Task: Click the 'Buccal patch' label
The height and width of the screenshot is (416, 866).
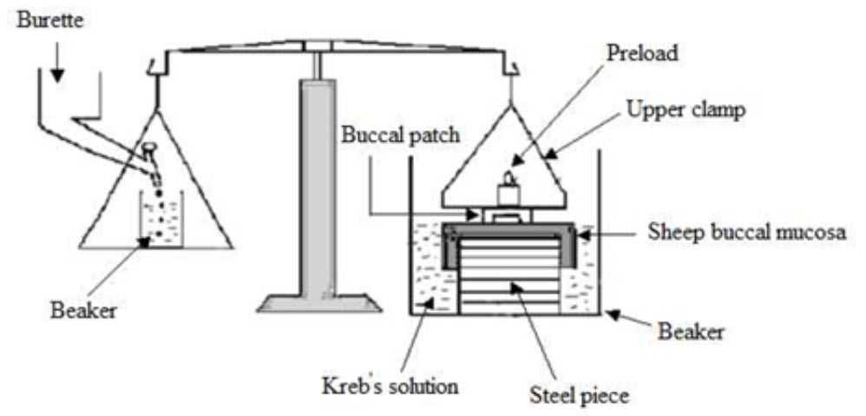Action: [x=386, y=136]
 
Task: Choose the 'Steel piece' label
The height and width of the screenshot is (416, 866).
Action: [x=578, y=395]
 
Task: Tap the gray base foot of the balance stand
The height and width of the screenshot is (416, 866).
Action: [x=318, y=301]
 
